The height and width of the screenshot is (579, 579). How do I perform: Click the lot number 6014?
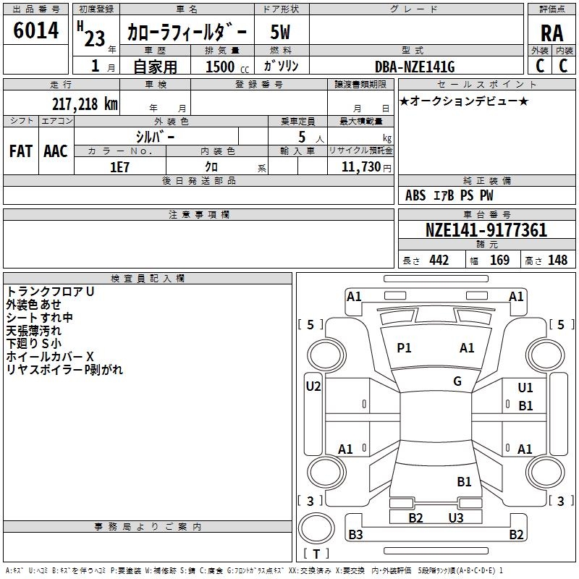35,30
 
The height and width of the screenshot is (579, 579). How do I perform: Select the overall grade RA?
551,33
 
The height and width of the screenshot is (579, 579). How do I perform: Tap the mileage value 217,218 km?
85,104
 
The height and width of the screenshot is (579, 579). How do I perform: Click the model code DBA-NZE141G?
415,67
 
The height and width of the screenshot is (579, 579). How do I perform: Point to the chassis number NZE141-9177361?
486,230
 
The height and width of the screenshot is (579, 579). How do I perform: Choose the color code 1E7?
119,167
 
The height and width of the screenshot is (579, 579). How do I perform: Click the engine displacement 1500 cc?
227,67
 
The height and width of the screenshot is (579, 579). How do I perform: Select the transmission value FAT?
21,151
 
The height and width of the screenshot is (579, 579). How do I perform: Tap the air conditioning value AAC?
56,151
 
